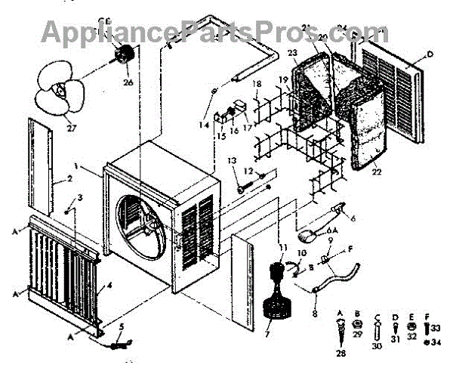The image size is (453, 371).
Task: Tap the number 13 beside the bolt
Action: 232,161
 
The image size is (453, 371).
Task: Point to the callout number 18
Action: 257,83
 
